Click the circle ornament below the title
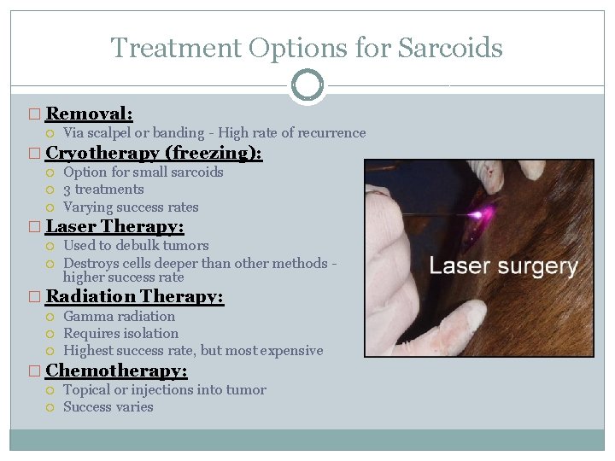click(x=307, y=85)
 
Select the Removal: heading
click(x=89, y=114)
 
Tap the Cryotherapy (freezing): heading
click(x=154, y=154)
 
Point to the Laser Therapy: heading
click(x=114, y=227)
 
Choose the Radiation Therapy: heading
click(x=134, y=297)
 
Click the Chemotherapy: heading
click(x=116, y=371)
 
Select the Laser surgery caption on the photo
click(x=503, y=266)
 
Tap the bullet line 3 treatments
click(x=103, y=190)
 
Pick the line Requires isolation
click(x=120, y=334)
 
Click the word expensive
click(x=292, y=351)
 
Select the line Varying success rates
click(x=130, y=207)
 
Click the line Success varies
click(x=108, y=407)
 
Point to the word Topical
click(x=86, y=390)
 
